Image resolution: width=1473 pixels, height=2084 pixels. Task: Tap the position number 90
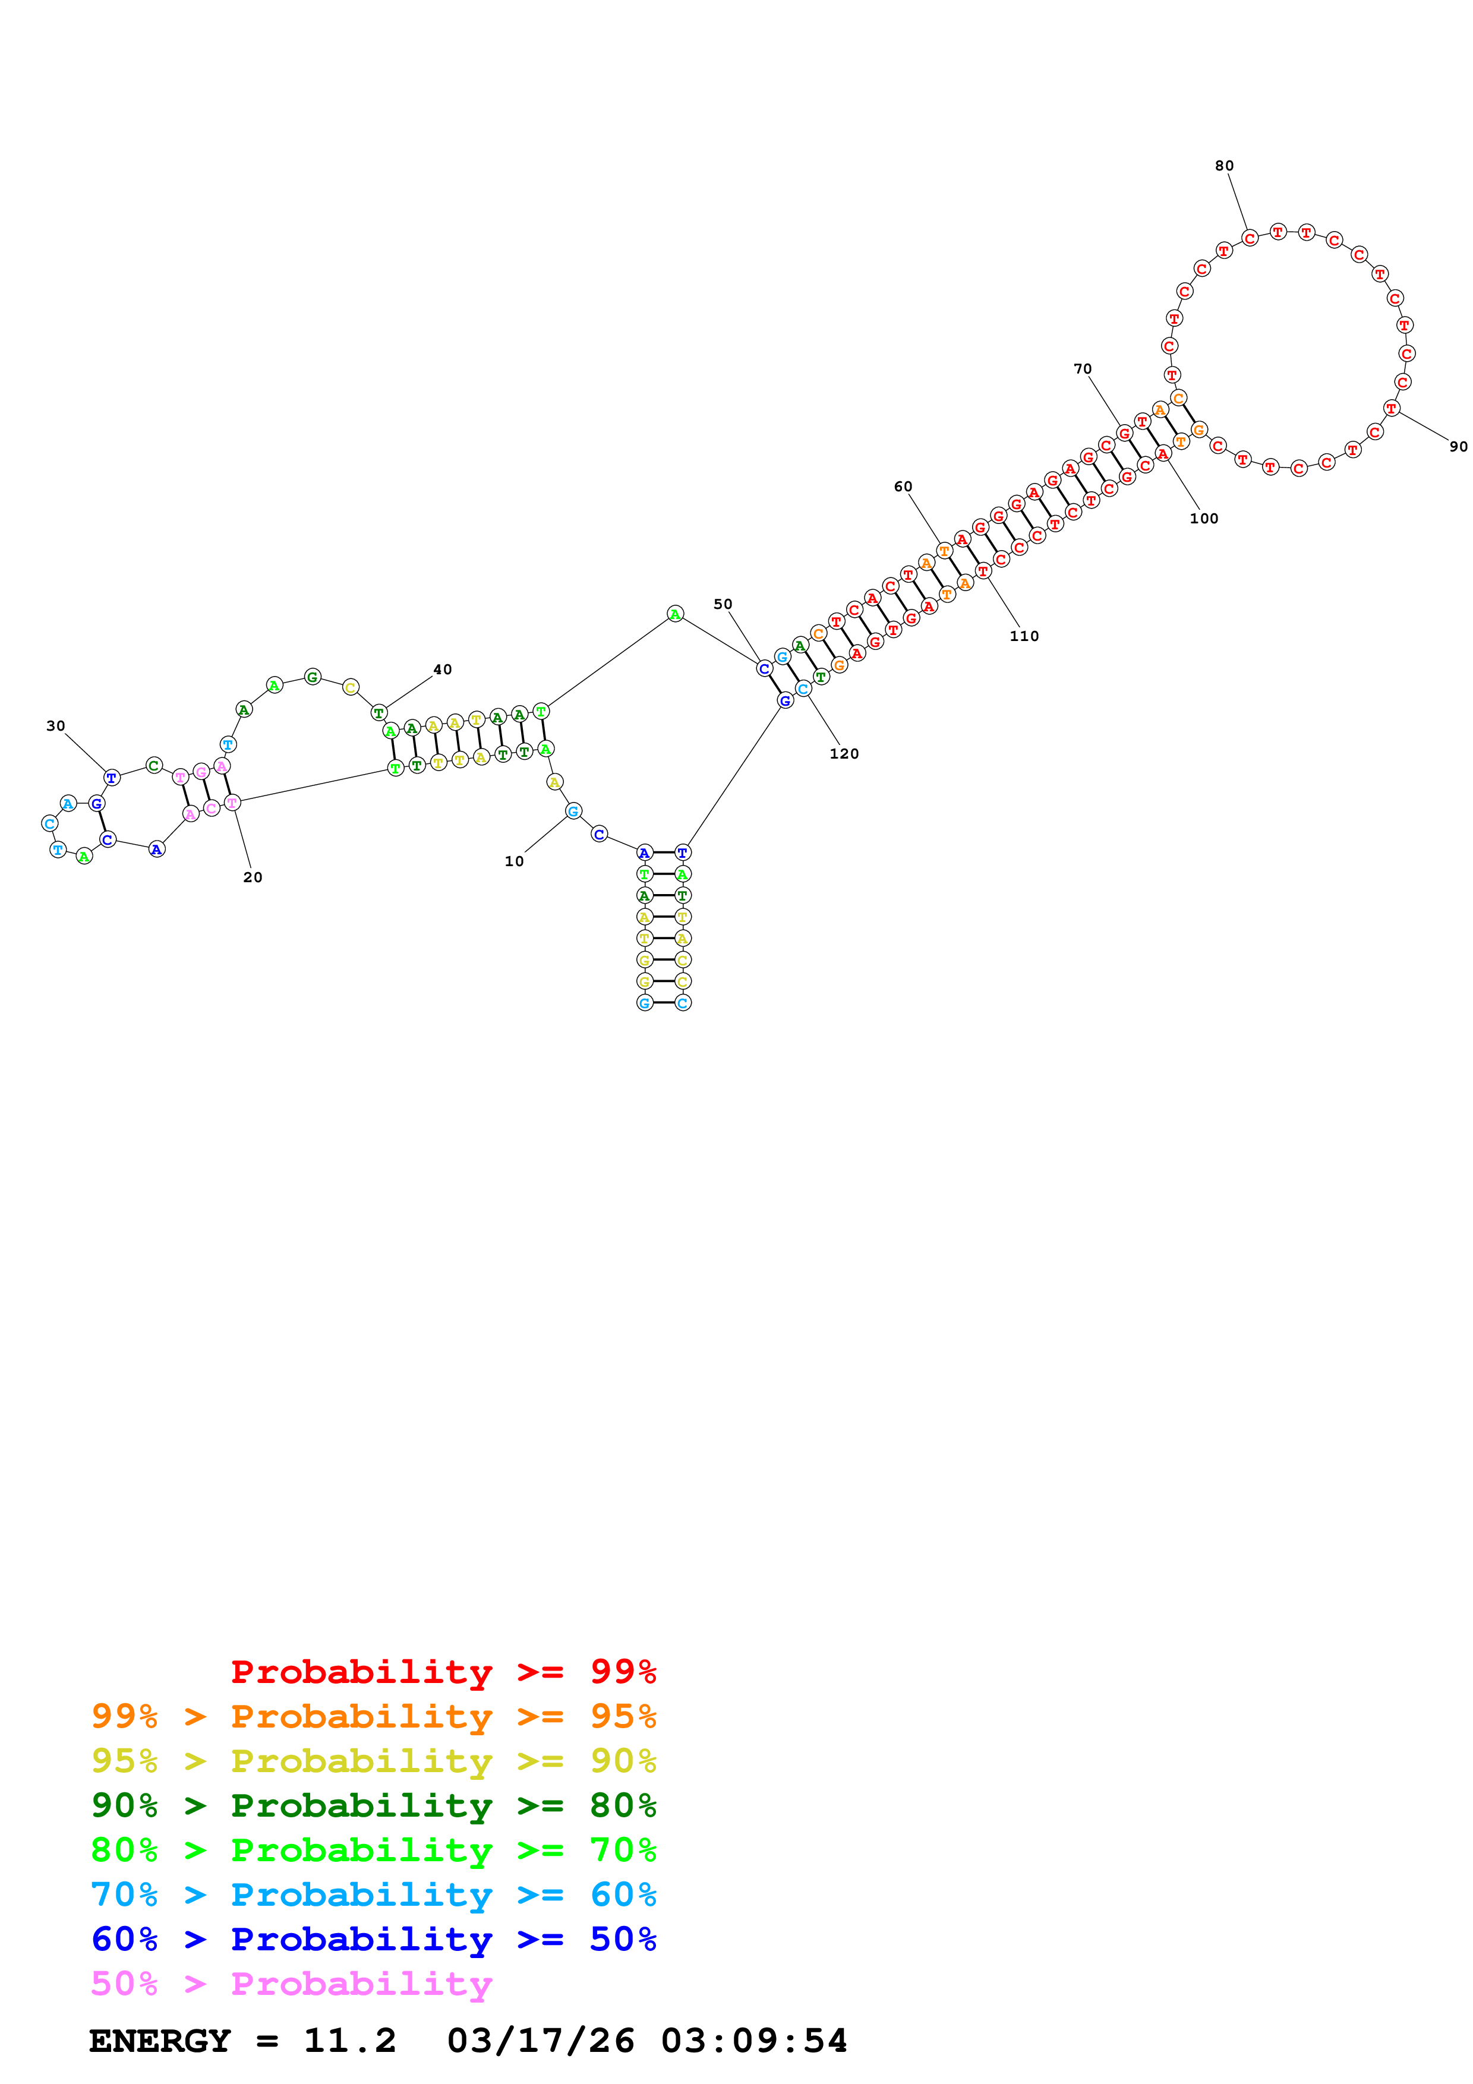click(x=1458, y=447)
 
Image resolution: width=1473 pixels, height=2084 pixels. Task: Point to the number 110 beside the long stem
click(x=1024, y=636)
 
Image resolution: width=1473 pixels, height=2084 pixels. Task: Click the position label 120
click(x=843, y=753)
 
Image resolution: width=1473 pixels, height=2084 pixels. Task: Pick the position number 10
click(x=514, y=861)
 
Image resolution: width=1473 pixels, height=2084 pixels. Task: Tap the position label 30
click(x=55, y=726)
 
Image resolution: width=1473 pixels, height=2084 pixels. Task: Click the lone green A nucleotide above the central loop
click(x=674, y=614)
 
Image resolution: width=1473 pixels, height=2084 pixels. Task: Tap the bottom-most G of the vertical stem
click(x=644, y=1003)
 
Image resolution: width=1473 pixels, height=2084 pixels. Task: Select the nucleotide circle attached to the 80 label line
click(x=1250, y=238)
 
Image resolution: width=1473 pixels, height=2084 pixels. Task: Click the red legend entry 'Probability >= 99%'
click(x=443, y=1672)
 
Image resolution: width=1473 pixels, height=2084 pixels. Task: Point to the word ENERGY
click(x=160, y=2041)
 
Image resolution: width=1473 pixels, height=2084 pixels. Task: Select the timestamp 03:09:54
click(x=753, y=2041)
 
